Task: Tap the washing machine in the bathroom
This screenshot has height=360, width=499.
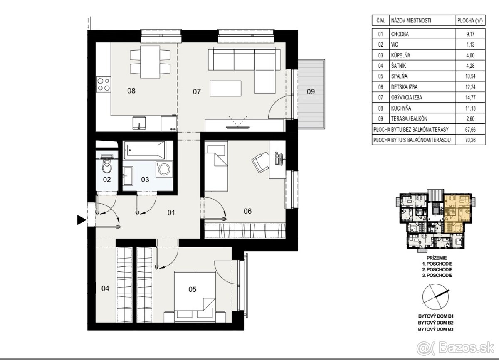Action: coord(164,169)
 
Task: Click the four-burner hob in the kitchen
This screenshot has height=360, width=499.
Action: coord(104,84)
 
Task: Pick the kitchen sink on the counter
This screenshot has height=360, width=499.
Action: coord(139,123)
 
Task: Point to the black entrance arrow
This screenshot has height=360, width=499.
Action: coord(82,220)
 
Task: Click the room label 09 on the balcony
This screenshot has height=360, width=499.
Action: coord(311,91)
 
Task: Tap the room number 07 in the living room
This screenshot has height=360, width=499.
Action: coord(197,91)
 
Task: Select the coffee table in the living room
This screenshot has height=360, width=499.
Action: coord(225,89)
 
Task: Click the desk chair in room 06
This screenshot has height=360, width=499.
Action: coord(260,162)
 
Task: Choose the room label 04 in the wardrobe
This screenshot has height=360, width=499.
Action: coord(105,288)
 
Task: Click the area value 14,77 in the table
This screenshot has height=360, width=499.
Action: coord(470,98)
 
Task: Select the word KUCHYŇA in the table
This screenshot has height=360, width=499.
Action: coord(401,108)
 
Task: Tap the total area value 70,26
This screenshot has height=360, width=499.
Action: coord(470,140)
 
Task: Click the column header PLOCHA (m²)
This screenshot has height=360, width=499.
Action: coord(470,21)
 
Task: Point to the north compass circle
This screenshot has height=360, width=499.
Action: coord(435,297)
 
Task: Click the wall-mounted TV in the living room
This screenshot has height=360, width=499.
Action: coord(238,127)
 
